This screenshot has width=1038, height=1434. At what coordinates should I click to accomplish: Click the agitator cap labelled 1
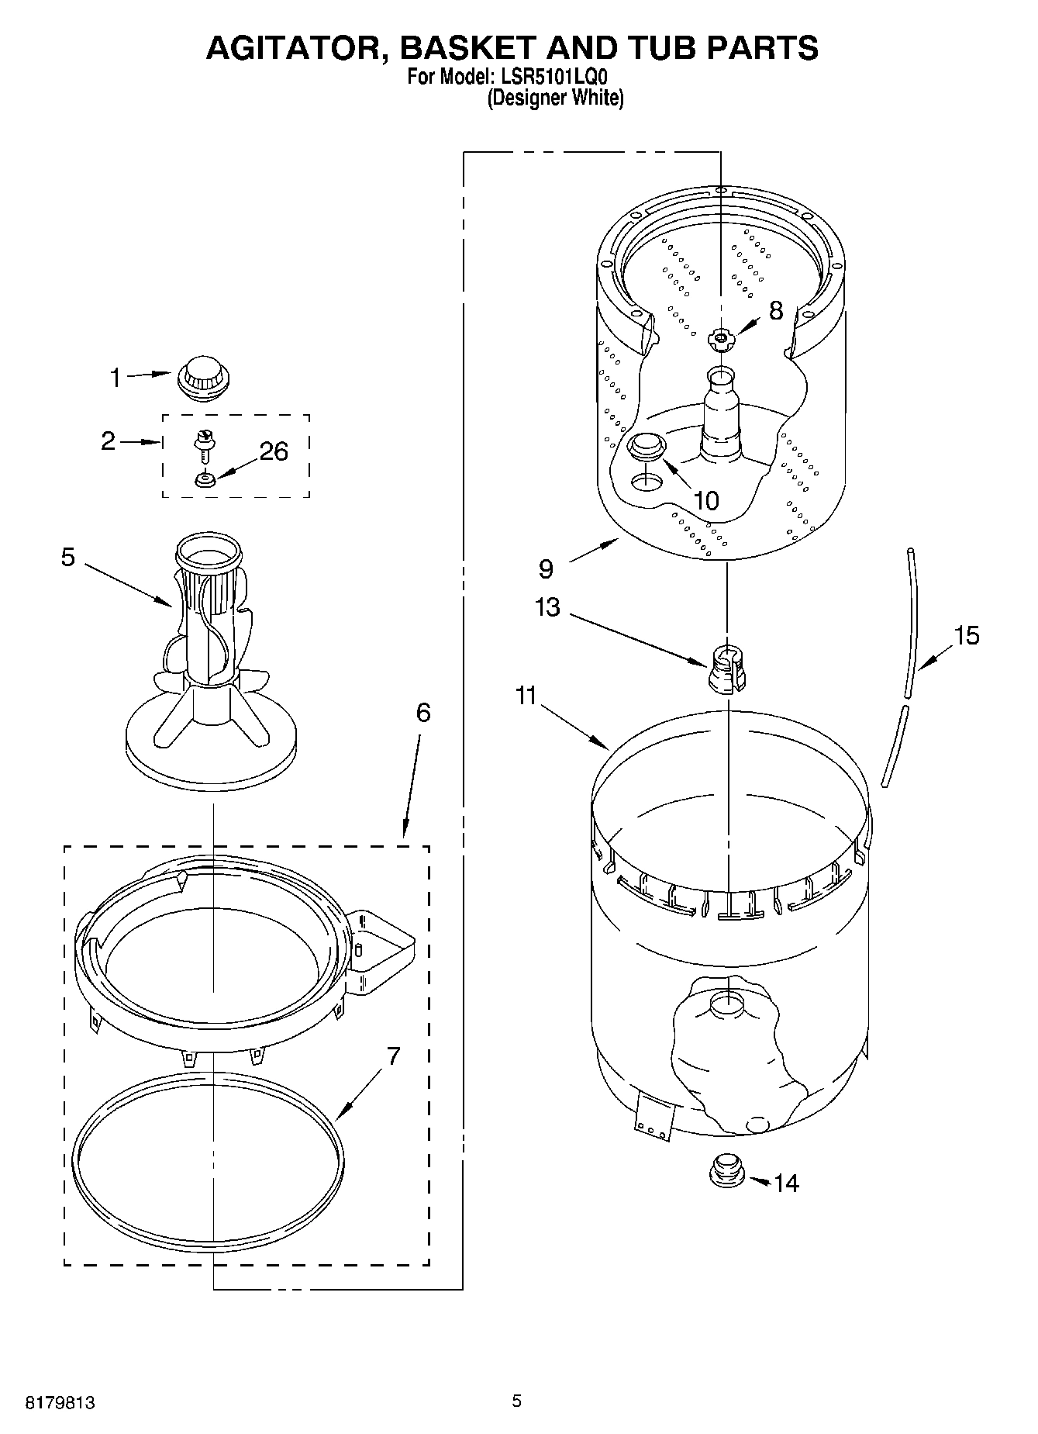204,378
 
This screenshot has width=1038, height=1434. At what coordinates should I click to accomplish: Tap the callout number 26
273,451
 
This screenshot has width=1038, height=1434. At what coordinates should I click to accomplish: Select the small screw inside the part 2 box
205,446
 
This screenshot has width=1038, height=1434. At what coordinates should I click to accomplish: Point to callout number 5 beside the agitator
68,557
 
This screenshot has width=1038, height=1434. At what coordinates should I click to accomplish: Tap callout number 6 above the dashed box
422,712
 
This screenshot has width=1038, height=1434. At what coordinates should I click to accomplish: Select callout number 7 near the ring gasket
393,1056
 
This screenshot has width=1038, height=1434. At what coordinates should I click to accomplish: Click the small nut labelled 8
721,337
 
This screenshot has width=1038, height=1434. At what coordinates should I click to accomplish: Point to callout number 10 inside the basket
705,501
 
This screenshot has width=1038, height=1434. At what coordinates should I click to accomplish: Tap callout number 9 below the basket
546,569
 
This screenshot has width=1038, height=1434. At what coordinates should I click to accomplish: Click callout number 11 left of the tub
526,696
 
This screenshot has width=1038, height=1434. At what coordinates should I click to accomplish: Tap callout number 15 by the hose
966,636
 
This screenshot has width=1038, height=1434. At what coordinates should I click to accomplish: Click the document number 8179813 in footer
60,1402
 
